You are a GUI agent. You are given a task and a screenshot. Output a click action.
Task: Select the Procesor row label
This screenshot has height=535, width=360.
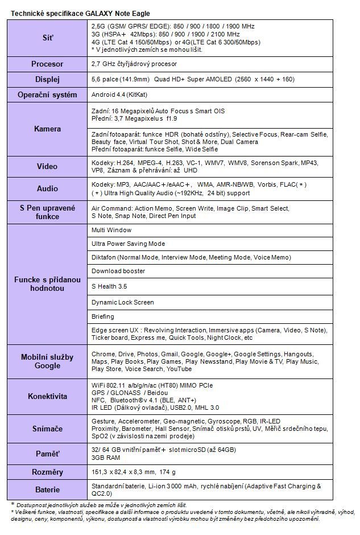48,64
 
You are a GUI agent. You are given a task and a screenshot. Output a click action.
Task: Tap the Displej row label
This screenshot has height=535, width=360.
48,80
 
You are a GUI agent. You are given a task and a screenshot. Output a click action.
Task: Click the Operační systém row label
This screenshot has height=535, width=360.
48,94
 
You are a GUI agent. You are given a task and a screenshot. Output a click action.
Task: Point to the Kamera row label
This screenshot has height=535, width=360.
48,129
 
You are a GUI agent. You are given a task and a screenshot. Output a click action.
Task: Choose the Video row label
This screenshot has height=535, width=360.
48,166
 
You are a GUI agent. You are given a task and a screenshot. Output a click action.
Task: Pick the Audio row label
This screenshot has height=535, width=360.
48,188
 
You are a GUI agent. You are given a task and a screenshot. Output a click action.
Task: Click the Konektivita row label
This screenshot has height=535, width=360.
48,396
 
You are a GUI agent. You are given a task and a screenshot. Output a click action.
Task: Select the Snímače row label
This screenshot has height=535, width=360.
48,430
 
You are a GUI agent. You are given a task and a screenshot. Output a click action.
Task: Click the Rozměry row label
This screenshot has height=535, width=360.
48,472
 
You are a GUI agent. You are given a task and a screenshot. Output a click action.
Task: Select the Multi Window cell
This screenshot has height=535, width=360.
111,230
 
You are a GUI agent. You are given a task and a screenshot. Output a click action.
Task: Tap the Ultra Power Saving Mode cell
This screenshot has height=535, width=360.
128,244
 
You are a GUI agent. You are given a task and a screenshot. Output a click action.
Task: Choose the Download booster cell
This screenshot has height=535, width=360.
118,271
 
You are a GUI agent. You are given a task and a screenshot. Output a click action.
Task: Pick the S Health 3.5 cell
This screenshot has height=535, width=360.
110,286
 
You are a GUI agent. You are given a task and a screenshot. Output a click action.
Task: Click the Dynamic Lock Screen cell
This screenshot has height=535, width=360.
122,302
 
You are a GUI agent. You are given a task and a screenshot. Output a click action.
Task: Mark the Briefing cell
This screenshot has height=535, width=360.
103,316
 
